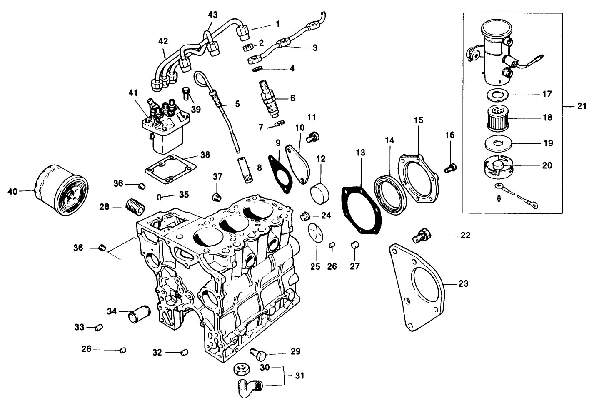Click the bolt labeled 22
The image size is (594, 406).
tap(421, 236)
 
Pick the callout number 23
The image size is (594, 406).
tap(463, 284)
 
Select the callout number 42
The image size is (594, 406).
tap(163, 42)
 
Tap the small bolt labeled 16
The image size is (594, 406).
tap(449, 169)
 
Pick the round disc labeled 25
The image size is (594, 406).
tap(315, 232)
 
